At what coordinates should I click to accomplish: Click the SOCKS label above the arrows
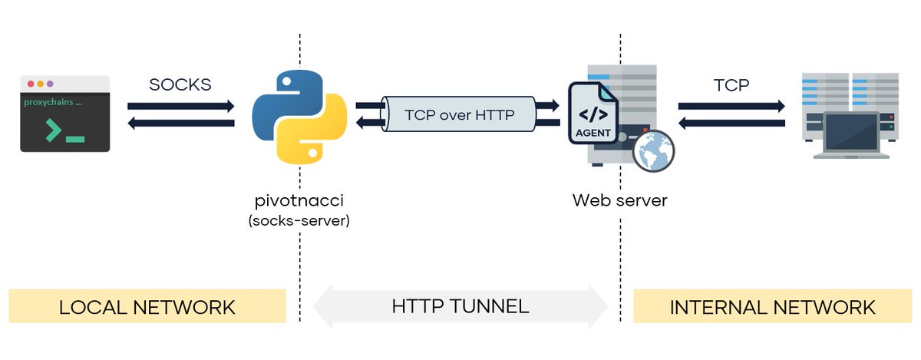[180, 84]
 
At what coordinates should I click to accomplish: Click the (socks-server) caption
[299, 221]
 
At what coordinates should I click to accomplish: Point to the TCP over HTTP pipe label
[458, 114]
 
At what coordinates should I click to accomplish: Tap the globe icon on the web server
[653, 150]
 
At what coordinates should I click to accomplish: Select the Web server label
[620, 201]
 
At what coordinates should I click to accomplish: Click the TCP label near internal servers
[731, 84]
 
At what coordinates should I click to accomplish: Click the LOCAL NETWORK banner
[147, 307]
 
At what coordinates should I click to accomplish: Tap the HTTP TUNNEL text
[460, 307]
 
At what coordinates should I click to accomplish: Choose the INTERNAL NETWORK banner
[772, 307]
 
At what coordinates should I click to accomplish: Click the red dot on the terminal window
[31, 84]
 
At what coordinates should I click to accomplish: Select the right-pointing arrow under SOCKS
[180, 106]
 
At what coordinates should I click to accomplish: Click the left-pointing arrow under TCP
[731, 122]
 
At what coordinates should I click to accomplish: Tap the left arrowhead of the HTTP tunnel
[325, 307]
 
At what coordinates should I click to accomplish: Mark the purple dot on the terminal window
[50, 84]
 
